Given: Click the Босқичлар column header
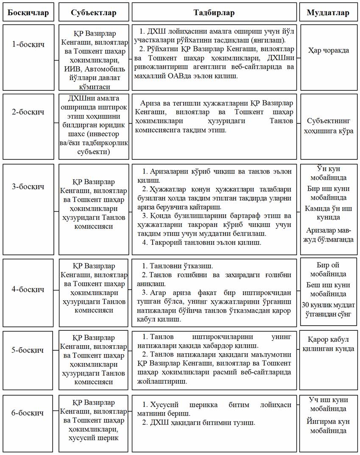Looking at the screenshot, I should (28, 13).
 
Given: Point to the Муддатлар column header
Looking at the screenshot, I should (328, 13).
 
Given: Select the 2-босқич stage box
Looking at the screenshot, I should (28, 112).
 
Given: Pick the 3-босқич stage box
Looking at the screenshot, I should (28, 187).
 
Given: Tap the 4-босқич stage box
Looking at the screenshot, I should (28, 290).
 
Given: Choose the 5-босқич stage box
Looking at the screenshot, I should (28, 350).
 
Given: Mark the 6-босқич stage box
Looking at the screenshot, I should (28, 413).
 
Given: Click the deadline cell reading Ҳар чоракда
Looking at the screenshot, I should (328, 50).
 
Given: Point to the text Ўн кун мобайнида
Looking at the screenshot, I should (328, 173).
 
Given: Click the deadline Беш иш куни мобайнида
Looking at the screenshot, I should (328, 289).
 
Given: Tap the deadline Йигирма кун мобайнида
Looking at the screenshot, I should (328, 426).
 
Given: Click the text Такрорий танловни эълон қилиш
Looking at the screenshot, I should (202, 243).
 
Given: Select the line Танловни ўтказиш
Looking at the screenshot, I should (177, 266).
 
